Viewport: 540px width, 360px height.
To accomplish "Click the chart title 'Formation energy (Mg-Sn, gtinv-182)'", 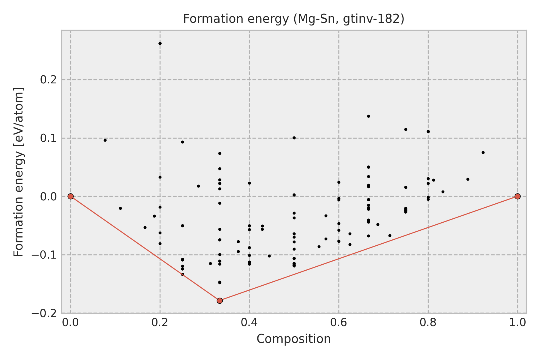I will pyautogui.click(x=294, y=19).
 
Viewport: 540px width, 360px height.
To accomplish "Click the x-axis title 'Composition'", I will pyautogui.click(x=294, y=339).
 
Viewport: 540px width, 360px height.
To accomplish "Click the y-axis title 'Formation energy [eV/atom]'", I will pyautogui.click(x=19, y=172).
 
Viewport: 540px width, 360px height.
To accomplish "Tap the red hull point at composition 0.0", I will pyautogui.click(x=70, y=196).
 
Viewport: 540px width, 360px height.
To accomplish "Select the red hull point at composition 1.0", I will pyautogui.click(x=517, y=196).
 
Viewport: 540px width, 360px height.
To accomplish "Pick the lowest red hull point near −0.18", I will pyautogui.click(x=220, y=301).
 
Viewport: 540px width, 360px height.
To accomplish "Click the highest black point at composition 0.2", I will pyautogui.click(x=160, y=43).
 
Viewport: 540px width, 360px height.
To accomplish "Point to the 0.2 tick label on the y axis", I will pyautogui.click(x=49, y=80).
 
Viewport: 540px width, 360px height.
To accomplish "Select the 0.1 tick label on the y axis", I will pyautogui.click(x=49, y=138).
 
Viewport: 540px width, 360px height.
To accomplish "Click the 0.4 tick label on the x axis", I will pyautogui.click(x=249, y=322).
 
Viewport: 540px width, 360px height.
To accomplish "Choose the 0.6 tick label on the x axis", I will pyautogui.click(x=339, y=322).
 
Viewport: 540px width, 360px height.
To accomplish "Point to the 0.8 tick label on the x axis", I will pyautogui.click(x=428, y=322).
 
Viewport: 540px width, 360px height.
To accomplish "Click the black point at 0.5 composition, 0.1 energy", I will pyautogui.click(x=294, y=138).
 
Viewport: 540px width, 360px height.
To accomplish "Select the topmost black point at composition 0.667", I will pyautogui.click(x=368, y=116).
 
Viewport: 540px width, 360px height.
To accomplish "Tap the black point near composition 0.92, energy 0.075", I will pyautogui.click(x=483, y=152).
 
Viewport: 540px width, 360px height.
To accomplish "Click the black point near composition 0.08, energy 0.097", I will pyautogui.click(x=105, y=140).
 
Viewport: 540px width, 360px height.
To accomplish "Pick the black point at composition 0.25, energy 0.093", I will pyautogui.click(x=182, y=142).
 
